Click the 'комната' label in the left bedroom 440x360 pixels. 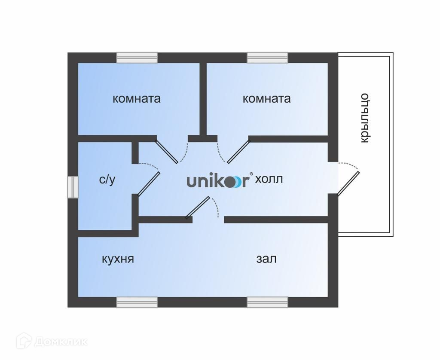[x=137, y=99]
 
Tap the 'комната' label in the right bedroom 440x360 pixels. [x=266, y=99]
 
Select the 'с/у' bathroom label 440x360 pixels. [x=107, y=180]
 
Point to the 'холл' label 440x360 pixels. [x=269, y=180]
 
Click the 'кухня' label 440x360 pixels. [x=118, y=259]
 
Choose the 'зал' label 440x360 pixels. [x=266, y=259]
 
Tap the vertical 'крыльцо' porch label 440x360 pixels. [x=364, y=118]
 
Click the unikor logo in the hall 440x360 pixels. [x=218, y=181]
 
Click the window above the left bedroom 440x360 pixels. [x=137, y=58]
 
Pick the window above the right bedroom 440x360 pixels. [x=267, y=58]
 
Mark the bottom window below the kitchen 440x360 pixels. [x=137, y=302]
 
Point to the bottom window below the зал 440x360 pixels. [x=267, y=302]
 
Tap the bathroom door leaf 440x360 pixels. [x=149, y=183]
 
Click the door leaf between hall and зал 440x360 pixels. [x=198, y=208]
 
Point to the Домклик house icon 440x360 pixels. [x=24, y=341]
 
